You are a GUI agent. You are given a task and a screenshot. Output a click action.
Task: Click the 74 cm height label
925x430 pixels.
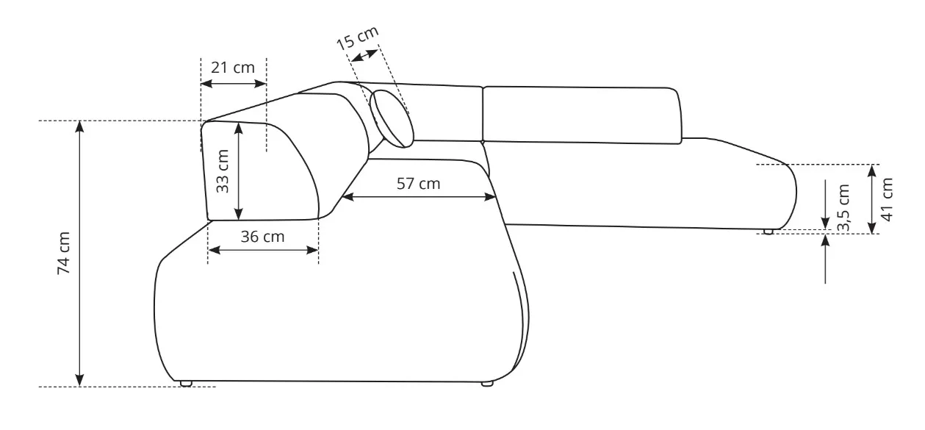(x=64, y=253)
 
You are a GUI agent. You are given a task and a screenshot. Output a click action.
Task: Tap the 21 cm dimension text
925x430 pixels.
(x=233, y=68)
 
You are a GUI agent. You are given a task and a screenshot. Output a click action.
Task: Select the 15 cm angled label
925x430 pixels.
(x=357, y=37)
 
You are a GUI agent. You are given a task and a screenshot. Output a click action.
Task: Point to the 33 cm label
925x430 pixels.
(x=222, y=171)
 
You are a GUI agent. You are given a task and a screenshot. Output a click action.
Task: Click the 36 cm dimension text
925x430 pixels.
(x=262, y=237)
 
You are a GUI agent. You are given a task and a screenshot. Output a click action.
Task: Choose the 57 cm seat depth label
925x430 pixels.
(x=418, y=184)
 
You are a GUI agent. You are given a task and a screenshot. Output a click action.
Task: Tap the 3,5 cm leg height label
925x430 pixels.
(x=843, y=208)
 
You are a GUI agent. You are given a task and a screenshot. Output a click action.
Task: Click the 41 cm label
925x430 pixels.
(x=887, y=199)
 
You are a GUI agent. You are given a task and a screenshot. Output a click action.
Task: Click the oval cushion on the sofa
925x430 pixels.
(x=392, y=119)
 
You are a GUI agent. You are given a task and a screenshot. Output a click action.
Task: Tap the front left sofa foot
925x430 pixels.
(x=186, y=384)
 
